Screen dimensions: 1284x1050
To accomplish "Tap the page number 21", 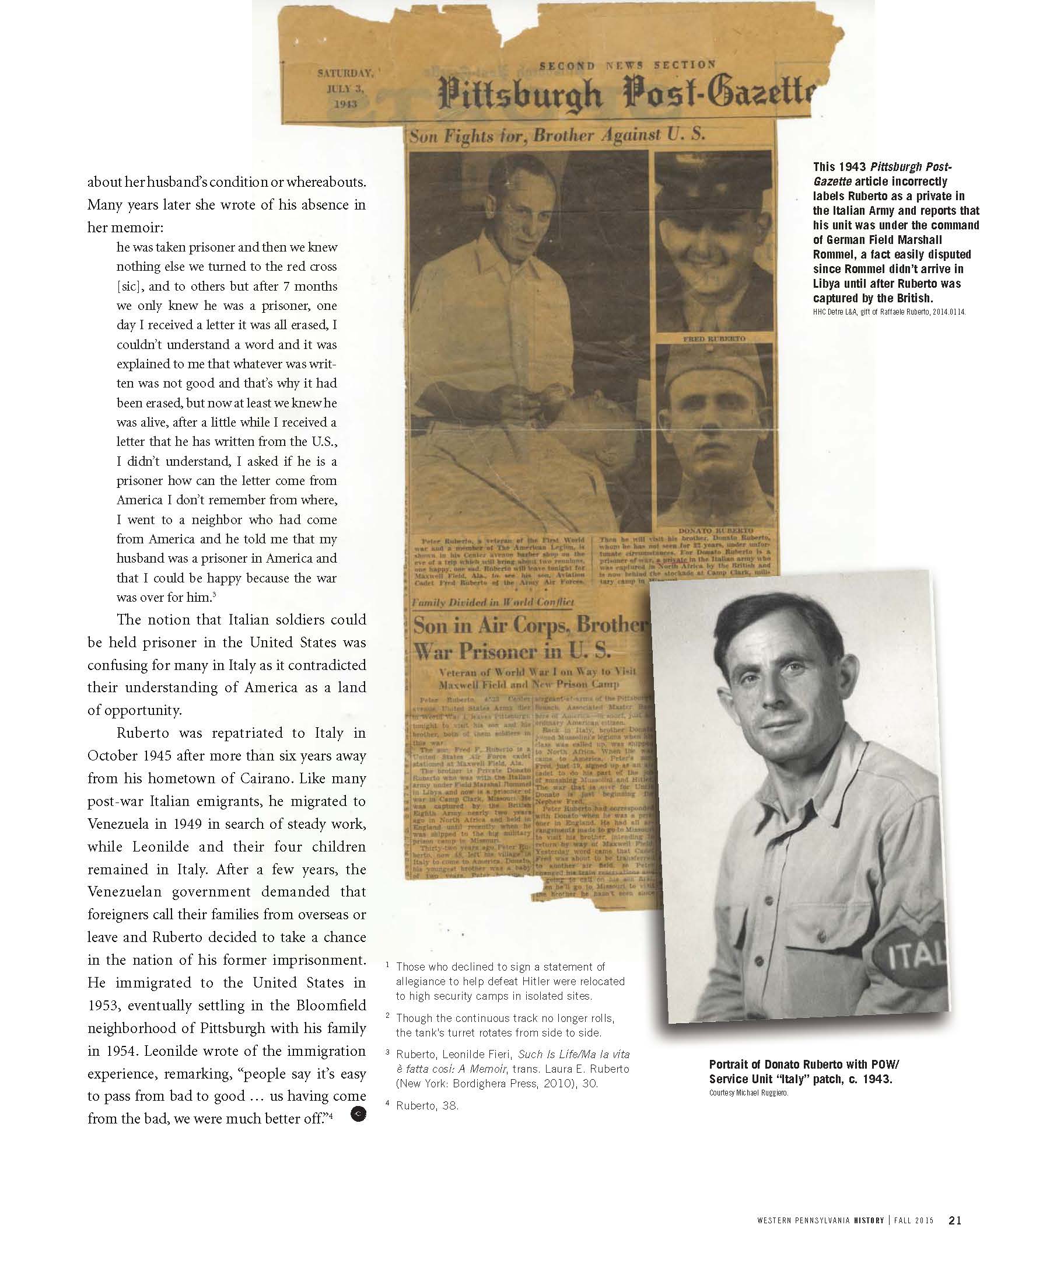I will [x=955, y=1220].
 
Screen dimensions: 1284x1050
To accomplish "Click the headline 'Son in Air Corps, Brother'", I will [x=528, y=625].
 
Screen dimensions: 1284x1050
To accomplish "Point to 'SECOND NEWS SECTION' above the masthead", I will [x=626, y=64].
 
